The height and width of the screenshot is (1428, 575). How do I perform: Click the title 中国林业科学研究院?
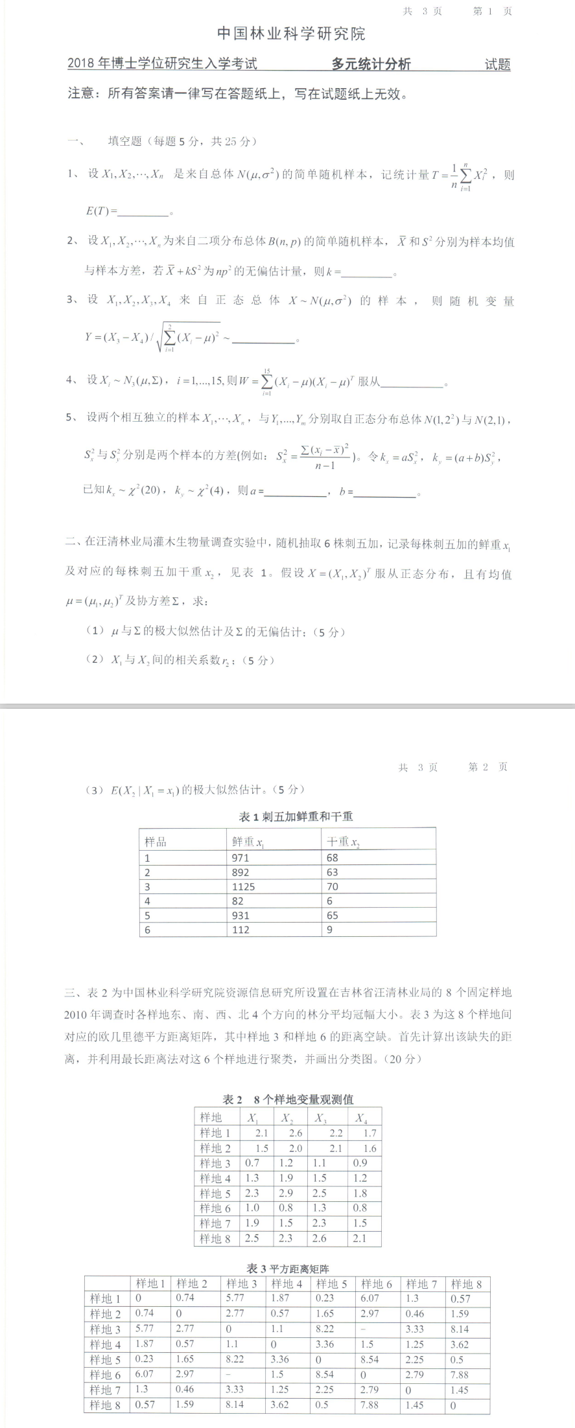pos(291,34)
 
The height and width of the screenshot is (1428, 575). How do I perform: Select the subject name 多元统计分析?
pos(371,63)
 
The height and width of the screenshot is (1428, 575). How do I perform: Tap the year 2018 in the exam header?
pos(81,63)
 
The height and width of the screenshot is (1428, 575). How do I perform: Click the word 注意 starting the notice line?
pos(83,94)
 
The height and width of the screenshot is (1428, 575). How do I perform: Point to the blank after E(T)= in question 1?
pos(143,212)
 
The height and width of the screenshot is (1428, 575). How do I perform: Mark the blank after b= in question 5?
pos(386,493)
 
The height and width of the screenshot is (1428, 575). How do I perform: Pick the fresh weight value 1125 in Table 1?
pos(243,886)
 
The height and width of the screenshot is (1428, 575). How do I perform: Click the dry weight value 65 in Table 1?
pos(333,916)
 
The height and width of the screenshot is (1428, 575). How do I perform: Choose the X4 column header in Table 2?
pos(361,1118)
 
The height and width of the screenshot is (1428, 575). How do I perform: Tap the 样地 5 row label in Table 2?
pos(215,1193)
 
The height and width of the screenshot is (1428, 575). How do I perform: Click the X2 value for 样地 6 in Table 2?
pos(286,1208)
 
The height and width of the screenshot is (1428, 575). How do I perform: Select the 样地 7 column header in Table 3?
pos(421,1284)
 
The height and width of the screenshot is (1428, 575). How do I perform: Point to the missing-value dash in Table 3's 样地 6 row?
pos(245,1374)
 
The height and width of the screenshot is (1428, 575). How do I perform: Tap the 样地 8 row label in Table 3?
pos(105,1405)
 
